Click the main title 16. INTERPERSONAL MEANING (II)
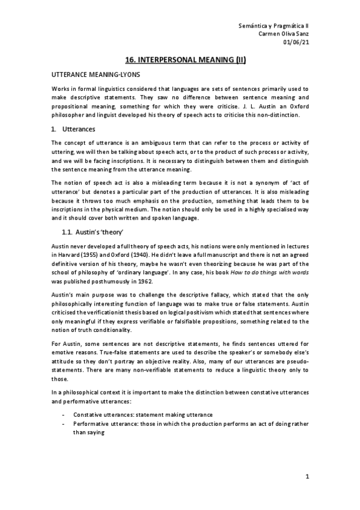click(x=180, y=60)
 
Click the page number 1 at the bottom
click(x=307, y=477)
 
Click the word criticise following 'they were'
click(x=219, y=106)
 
